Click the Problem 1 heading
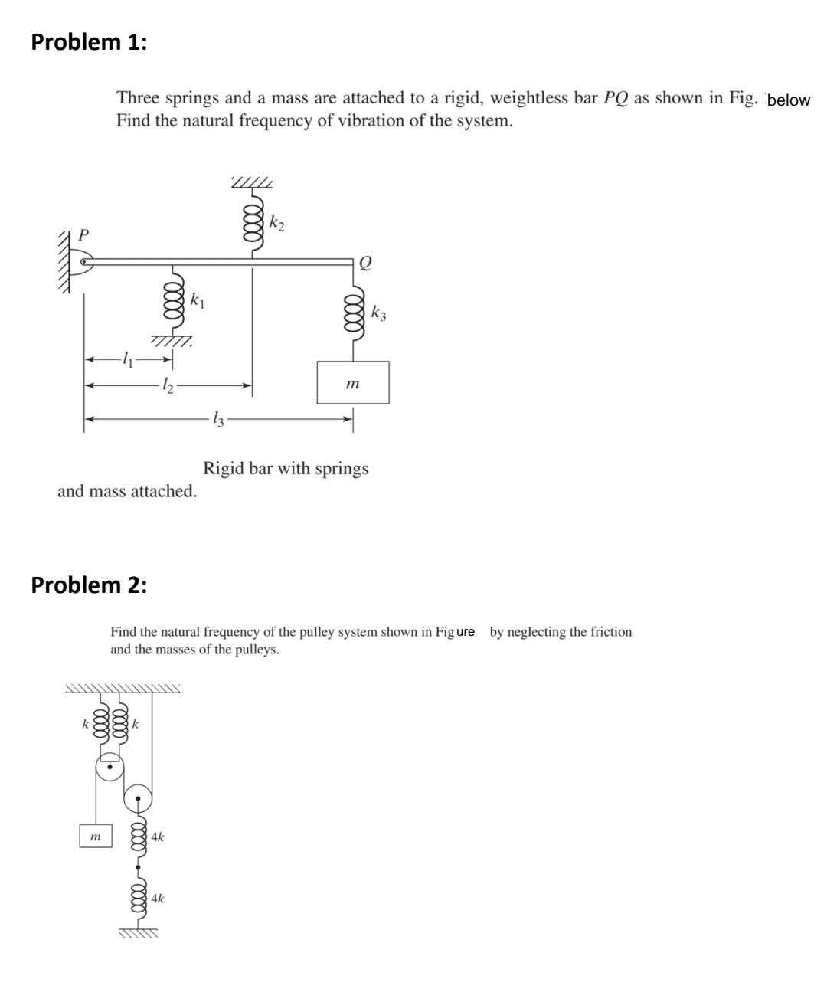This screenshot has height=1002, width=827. [x=89, y=42]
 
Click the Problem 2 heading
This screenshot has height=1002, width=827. [x=89, y=585]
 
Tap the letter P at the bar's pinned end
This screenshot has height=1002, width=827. [x=84, y=234]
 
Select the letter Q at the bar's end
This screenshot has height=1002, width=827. [x=364, y=263]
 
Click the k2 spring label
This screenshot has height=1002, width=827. [x=277, y=223]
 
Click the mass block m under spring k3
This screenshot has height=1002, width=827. [x=353, y=382]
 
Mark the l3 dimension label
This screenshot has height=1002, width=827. [x=218, y=418]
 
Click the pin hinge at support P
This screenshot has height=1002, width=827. [x=85, y=262]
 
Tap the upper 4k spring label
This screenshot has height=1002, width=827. [x=157, y=837]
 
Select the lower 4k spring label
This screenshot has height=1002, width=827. [x=157, y=898]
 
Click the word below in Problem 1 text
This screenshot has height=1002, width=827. [x=788, y=100]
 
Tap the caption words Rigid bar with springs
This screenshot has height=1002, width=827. [x=286, y=468]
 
